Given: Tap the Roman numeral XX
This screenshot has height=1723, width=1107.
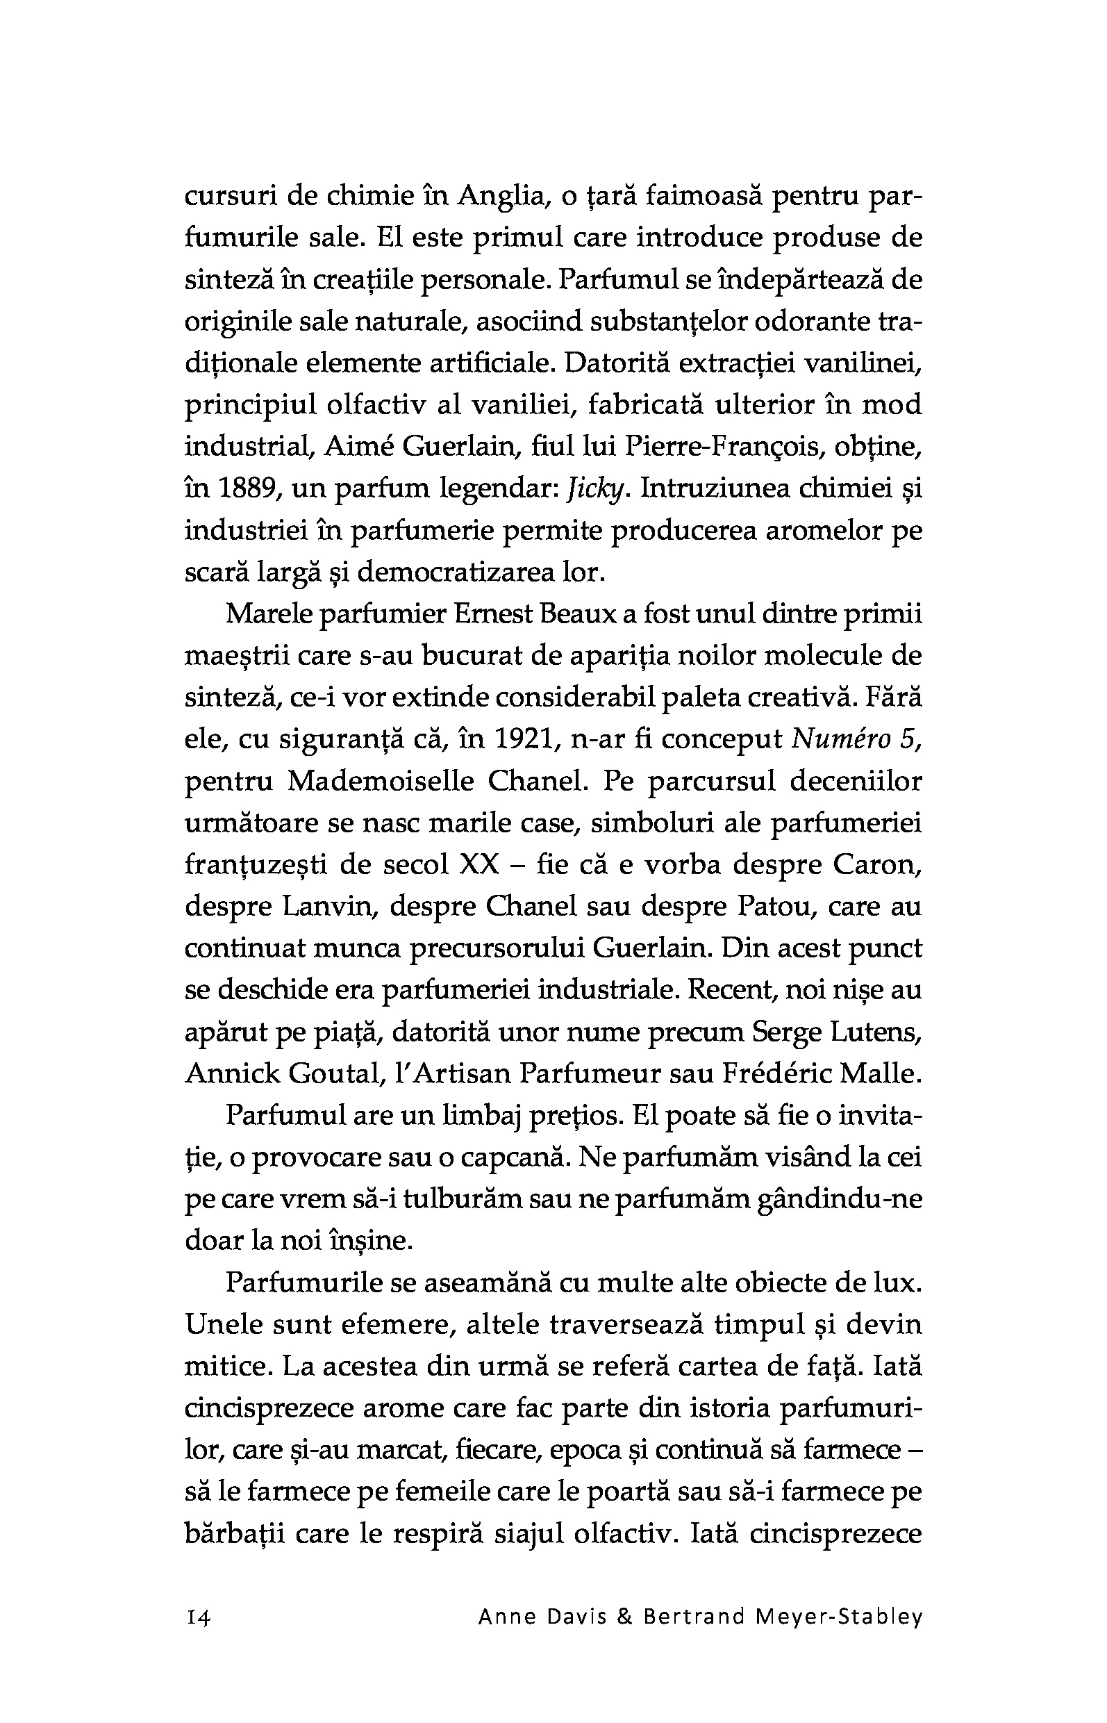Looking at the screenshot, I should click(478, 864).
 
